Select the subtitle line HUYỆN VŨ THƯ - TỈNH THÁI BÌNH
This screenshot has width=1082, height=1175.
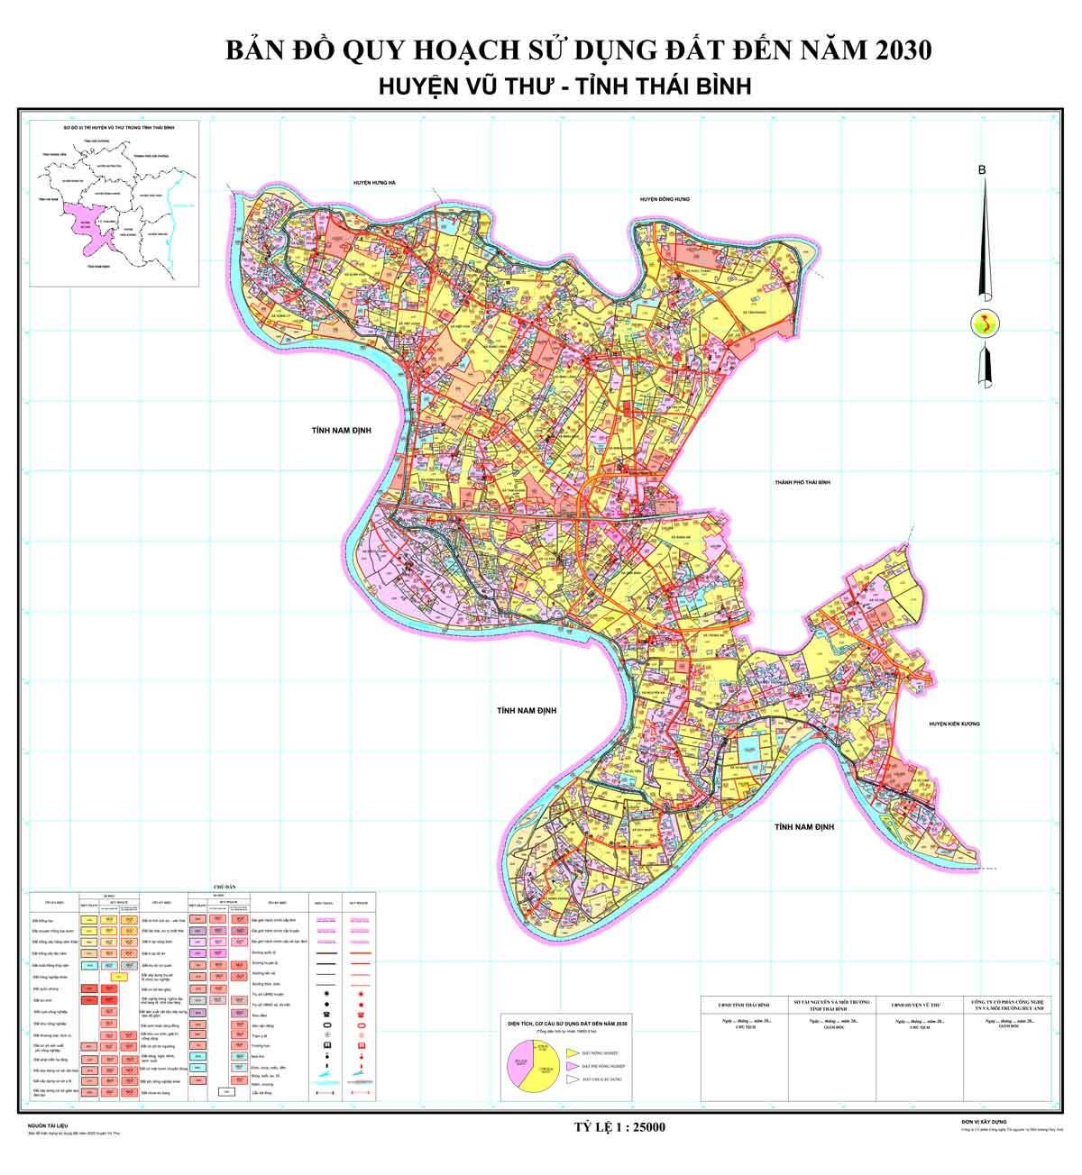[x=564, y=86]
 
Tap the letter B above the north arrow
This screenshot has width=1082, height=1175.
[x=983, y=170]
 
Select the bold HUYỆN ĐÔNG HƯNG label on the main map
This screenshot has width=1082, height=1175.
[x=664, y=199]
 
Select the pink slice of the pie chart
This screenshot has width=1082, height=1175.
[x=522, y=1065]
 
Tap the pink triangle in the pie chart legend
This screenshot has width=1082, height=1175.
[x=571, y=1064]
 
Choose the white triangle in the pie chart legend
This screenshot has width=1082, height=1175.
[x=571, y=1079]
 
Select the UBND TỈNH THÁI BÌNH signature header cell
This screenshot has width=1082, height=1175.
[x=745, y=1003]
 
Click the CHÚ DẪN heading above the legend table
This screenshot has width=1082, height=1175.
[x=223, y=887]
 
